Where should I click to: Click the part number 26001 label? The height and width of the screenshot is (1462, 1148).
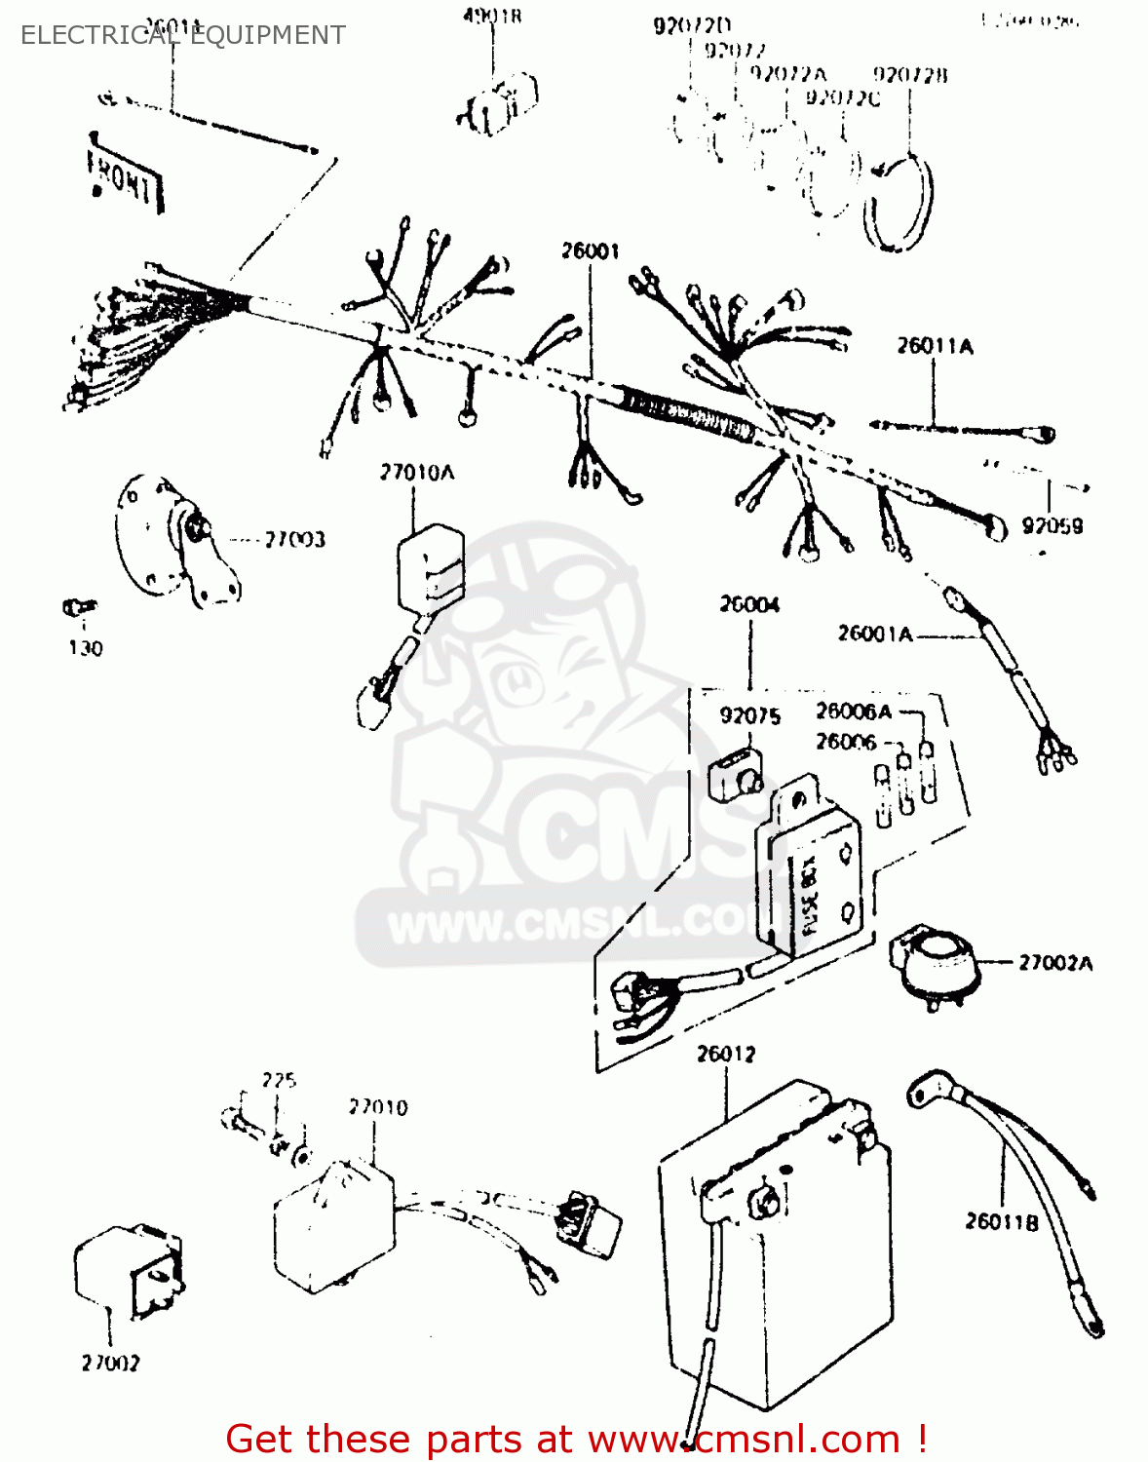590,251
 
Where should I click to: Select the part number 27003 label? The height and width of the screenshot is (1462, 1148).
294,539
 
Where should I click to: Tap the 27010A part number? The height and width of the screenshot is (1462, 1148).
417,473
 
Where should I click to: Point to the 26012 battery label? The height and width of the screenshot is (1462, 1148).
726,1054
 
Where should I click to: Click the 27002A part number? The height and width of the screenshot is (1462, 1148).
1055,963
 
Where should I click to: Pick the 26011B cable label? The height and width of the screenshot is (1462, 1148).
1002,1221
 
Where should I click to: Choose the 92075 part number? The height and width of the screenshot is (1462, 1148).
749,716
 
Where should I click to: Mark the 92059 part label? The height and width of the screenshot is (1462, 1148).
1052,526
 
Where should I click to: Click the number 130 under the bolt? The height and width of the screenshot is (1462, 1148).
85,648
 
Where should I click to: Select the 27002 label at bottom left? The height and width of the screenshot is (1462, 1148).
110,1363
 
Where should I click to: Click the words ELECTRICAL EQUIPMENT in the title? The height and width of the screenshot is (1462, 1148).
182,35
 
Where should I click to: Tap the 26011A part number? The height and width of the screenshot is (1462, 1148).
935,346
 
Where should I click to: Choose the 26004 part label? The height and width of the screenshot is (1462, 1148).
749,604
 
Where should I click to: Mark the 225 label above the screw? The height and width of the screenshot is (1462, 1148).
279,1080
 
